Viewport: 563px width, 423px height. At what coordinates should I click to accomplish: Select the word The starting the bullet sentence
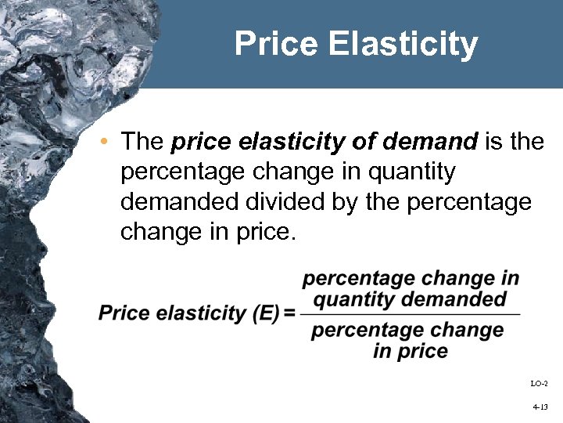click(142, 142)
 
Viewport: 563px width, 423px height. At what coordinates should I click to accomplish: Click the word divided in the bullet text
click(264, 203)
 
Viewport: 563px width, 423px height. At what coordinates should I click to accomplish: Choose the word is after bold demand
click(494, 142)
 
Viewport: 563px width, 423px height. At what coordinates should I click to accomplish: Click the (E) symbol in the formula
click(264, 313)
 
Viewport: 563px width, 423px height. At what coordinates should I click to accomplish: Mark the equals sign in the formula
click(289, 313)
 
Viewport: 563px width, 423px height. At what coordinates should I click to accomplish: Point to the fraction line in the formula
click(411, 314)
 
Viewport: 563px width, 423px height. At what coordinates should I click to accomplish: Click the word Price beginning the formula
click(124, 313)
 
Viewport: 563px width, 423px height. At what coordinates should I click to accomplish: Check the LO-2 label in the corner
click(540, 383)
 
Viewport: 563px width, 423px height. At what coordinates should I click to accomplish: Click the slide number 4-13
click(540, 407)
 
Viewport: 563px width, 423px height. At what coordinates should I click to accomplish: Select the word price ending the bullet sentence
click(267, 233)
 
